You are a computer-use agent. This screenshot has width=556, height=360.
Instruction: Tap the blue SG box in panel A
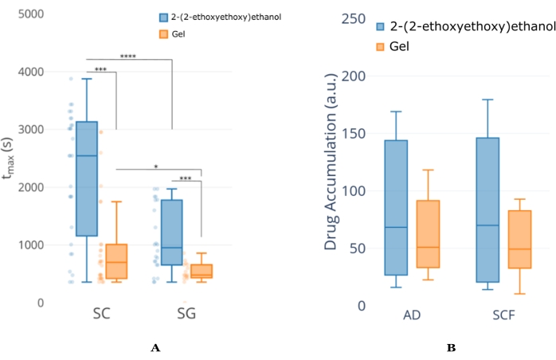tap(171, 233)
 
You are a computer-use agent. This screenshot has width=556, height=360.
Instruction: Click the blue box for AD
tap(396, 207)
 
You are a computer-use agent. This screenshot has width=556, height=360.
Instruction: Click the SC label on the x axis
tap(100, 315)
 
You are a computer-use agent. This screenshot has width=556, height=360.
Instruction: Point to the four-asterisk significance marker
tap(127, 57)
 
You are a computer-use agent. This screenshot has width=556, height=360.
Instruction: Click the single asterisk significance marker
tap(156, 166)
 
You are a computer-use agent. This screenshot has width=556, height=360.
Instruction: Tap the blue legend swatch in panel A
tap(165, 17)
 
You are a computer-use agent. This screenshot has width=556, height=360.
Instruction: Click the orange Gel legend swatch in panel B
tap(382, 47)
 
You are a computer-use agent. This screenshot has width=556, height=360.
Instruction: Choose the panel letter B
tap(451, 347)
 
